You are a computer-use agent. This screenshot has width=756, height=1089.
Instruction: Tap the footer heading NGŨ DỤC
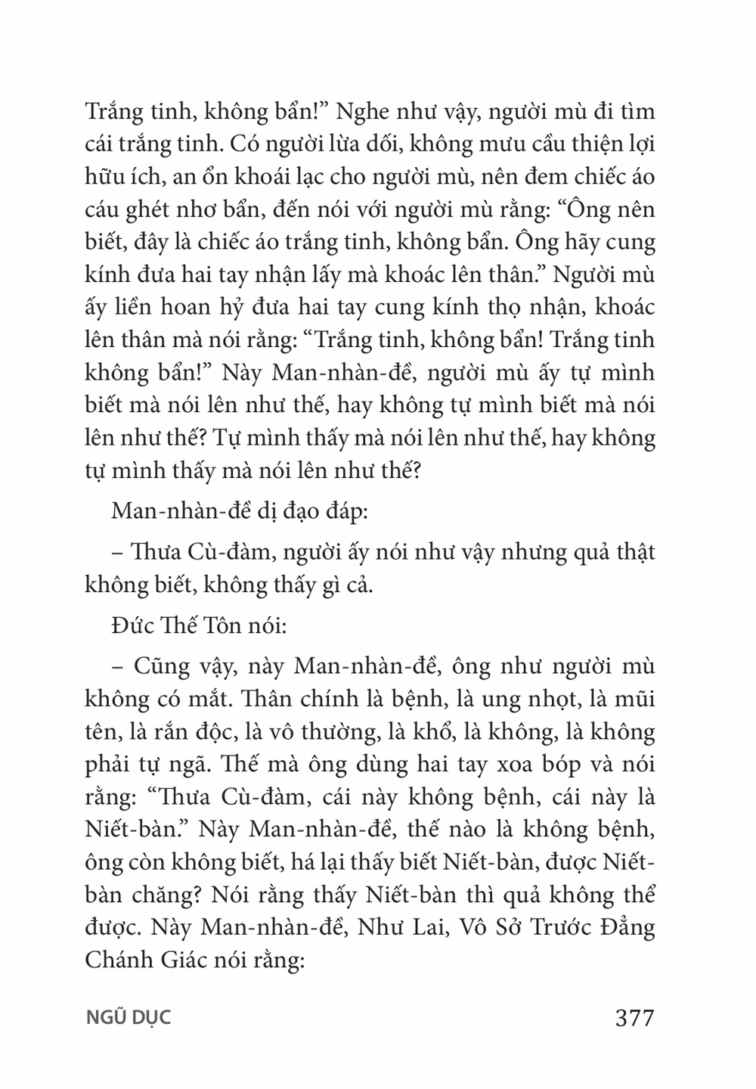click(129, 1018)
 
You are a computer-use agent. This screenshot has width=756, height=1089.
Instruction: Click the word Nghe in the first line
click(363, 113)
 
